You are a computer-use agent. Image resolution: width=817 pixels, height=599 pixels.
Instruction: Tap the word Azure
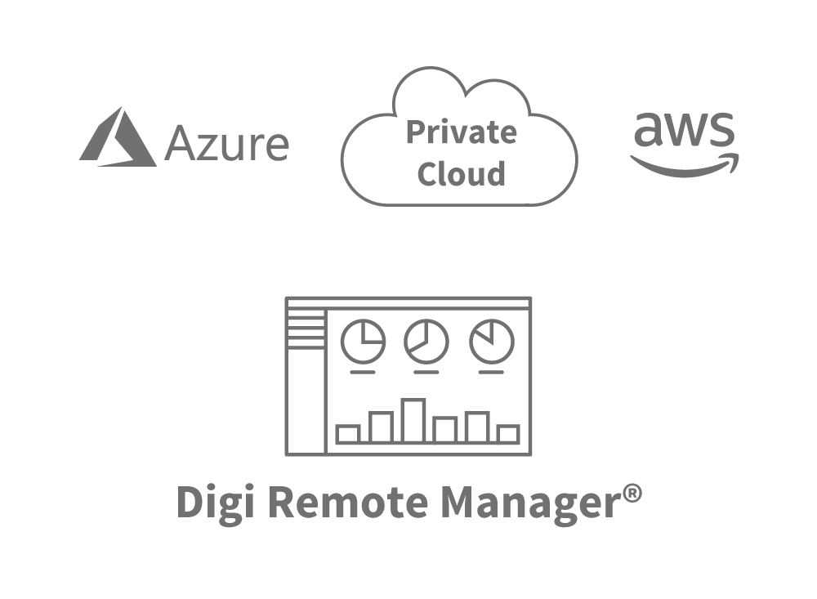pyautogui.click(x=226, y=145)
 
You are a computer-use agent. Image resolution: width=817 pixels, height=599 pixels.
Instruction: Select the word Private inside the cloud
pyautogui.click(x=462, y=132)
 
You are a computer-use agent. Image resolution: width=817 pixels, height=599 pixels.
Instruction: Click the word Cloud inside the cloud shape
pyautogui.click(x=461, y=173)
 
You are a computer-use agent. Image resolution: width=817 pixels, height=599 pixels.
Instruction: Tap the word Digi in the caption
pyautogui.click(x=215, y=503)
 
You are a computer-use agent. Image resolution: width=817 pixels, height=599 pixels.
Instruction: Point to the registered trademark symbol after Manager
pyautogui.click(x=630, y=494)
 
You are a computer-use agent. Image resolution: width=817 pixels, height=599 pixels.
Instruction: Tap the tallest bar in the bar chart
pyautogui.click(x=413, y=421)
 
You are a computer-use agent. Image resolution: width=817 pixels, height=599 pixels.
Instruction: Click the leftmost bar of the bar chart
pyautogui.click(x=348, y=434)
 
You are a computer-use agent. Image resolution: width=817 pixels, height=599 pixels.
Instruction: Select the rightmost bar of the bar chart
pyautogui.click(x=508, y=434)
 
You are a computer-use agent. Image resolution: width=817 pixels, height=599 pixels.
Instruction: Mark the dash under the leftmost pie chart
pyautogui.click(x=363, y=373)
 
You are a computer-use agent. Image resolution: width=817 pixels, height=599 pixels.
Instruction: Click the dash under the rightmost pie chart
pyautogui.click(x=491, y=373)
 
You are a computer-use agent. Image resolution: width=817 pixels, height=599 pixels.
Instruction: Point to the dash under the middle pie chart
pyautogui.click(x=426, y=373)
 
